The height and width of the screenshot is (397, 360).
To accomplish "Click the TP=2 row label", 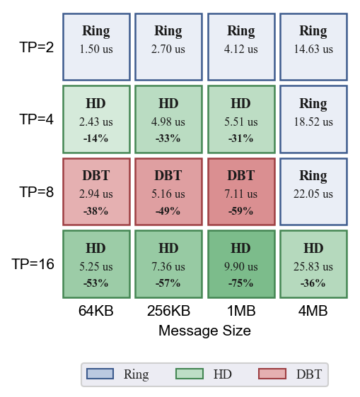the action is [x=37, y=47].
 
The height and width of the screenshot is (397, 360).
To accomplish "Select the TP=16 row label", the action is [x=33, y=264].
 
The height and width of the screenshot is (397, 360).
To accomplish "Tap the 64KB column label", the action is [x=96, y=311].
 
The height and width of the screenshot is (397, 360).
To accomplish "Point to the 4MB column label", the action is [x=313, y=311].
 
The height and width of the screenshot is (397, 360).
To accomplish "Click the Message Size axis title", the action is [x=204, y=331].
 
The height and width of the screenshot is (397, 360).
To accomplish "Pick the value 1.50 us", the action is [x=96, y=49].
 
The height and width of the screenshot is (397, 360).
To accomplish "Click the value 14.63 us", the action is [x=313, y=49].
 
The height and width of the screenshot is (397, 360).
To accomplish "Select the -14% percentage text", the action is [x=95, y=138].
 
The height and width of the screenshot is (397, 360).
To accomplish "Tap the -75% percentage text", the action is [x=241, y=283].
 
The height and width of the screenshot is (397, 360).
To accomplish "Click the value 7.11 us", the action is [x=241, y=194].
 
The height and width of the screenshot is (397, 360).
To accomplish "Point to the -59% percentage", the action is [x=241, y=211].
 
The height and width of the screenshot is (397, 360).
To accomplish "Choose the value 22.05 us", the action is [x=313, y=194].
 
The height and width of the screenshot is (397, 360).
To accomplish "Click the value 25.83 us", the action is [x=313, y=266].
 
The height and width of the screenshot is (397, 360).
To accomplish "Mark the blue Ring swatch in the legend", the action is [x=100, y=374].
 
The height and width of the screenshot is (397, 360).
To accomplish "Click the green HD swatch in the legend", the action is [x=190, y=374].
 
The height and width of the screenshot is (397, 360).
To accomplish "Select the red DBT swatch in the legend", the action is [x=272, y=374].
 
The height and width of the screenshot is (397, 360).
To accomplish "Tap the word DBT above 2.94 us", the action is [x=96, y=175].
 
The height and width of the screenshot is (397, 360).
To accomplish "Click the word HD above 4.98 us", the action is [x=168, y=103].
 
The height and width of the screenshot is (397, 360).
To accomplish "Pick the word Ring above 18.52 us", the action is [x=313, y=104].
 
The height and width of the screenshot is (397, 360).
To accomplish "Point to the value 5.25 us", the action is [x=96, y=266].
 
